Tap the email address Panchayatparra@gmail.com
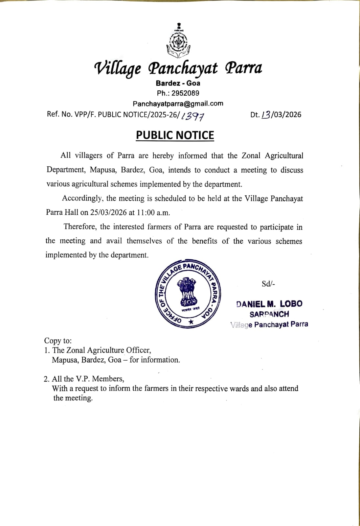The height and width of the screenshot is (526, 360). (x=178, y=104)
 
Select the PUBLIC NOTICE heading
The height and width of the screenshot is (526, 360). (x=175, y=135)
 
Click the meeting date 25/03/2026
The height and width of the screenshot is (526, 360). (x=108, y=212)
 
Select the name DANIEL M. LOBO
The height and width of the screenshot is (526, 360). (x=269, y=304)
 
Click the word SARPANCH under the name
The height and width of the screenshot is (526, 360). (x=269, y=314)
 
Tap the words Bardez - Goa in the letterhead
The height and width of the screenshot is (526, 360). (x=178, y=83)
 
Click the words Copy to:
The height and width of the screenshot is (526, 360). (x=58, y=341)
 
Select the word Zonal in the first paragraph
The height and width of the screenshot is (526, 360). (x=251, y=155)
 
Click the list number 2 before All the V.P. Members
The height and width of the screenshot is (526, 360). (x=46, y=379)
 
